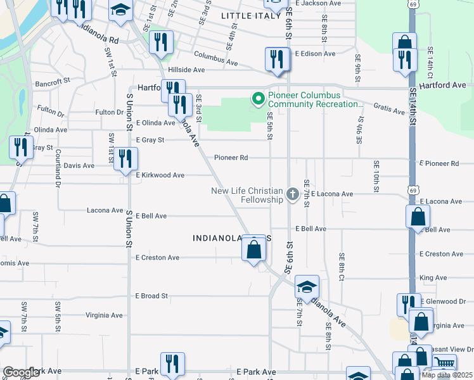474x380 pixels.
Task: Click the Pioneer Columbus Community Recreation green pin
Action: point(258,99)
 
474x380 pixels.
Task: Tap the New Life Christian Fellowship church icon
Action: point(292,194)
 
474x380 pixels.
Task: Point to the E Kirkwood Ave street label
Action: point(160,175)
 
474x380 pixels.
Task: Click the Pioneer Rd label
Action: point(231,158)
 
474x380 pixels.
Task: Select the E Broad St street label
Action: point(151,296)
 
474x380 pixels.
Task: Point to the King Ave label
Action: point(433,277)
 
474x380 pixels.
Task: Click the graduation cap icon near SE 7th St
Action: point(307,287)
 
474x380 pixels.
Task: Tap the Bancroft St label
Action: point(53,82)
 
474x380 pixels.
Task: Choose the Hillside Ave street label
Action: point(186,70)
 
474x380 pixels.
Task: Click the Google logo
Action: point(21,372)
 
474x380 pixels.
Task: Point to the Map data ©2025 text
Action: point(447,375)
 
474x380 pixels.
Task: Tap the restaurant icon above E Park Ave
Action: point(171,364)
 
